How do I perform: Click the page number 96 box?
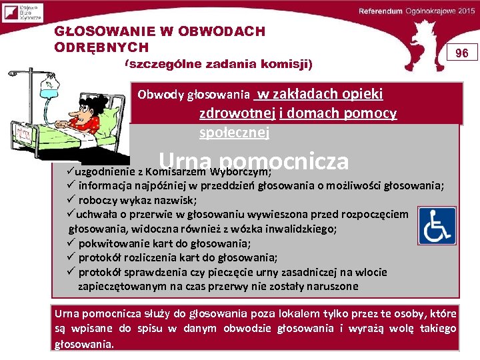pos(461,53)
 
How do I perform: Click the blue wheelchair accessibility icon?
pos(437,227)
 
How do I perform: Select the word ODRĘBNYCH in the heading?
pos(101,47)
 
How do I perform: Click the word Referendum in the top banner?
pos(380,11)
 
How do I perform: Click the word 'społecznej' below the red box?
pos(233,132)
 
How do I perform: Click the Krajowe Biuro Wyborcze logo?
pos(22,11)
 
